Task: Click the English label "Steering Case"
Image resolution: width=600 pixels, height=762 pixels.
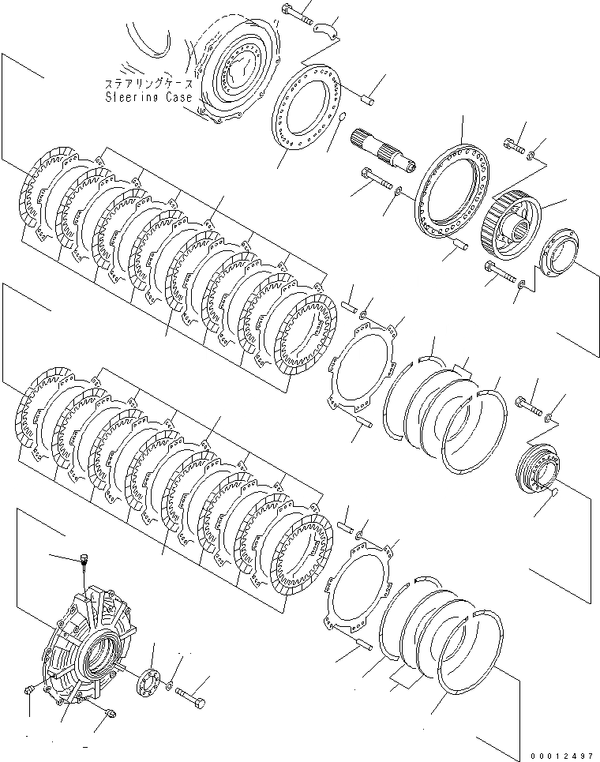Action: (x=142, y=97)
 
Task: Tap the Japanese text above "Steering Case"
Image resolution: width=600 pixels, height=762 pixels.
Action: (x=144, y=83)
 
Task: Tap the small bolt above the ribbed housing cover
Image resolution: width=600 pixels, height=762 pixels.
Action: (x=84, y=563)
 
